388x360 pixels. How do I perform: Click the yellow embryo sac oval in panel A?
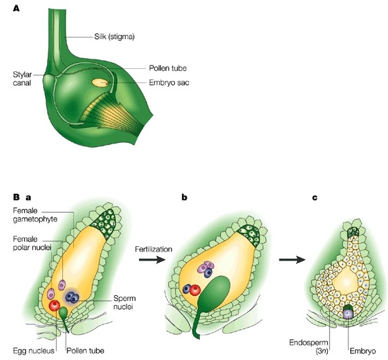click(x=101, y=83)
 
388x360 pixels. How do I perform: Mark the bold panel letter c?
click(x=314, y=197)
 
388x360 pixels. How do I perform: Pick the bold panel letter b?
click(x=183, y=197)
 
